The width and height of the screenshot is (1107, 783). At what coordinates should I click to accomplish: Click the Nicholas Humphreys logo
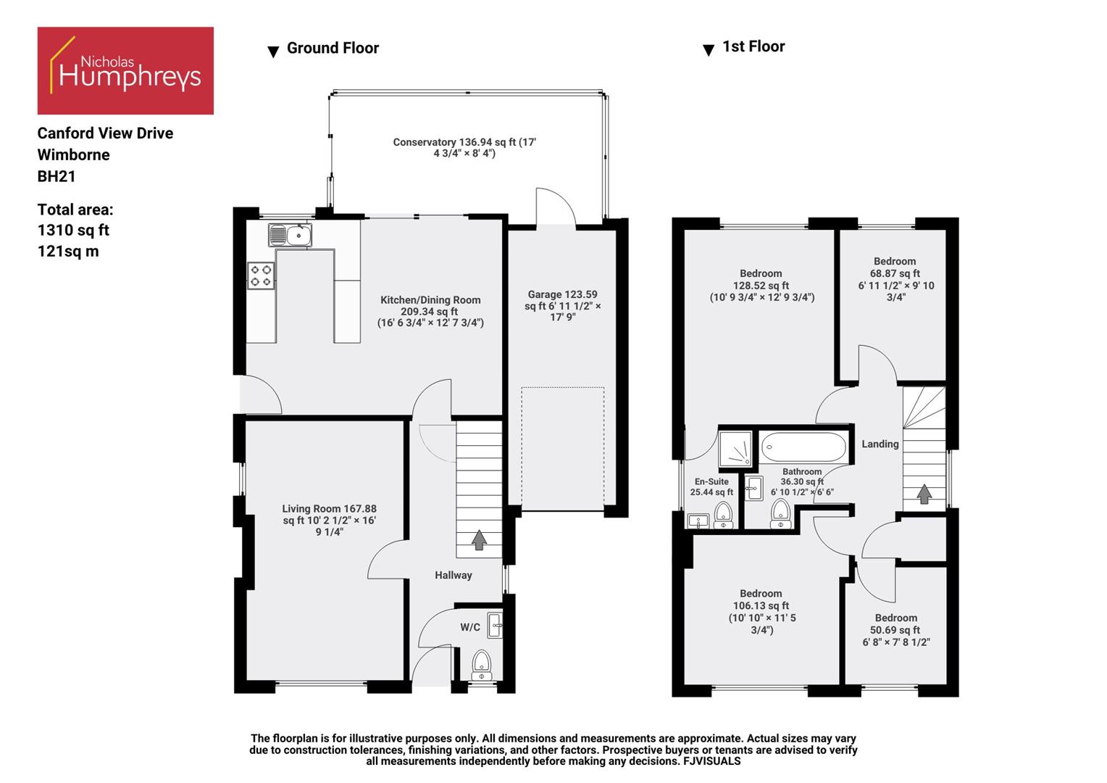pyautogui.click(x=125, y=70)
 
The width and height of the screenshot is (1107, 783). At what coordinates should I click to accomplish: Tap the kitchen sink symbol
pyautogui.click(x=290, y=236)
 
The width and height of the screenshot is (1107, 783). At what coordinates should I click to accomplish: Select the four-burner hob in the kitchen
pyautogui.click(x=261, y=275)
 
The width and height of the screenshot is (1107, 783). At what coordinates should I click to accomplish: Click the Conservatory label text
pyautogui.click(x=464, y=147)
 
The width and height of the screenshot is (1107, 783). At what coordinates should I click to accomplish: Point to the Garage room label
pyautogui.click(x=562, y=305)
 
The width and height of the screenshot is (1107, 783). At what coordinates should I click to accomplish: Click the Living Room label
pyautogui.click(x=329, y=520)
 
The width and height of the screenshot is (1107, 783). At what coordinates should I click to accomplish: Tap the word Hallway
pyautogui.click(x=453, y=575)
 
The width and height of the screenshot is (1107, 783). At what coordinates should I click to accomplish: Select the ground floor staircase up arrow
pyautogui.click(x=478, y=540)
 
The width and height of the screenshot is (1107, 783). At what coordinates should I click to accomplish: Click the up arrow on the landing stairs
pyautogui.click(x=924, y=494)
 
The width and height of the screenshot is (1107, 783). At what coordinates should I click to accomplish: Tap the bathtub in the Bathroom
pyautogui.click(x=803, y=447)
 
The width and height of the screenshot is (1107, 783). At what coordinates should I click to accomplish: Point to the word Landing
pyautogui.click(x=880, y=444)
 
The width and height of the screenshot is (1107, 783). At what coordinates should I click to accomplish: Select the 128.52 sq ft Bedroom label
pyautogui.click(x=761, y=285)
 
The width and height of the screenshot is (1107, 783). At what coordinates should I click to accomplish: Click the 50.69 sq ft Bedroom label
pyautogui.click(x=895, y=629)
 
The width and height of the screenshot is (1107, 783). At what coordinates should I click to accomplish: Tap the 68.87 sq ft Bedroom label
pyautogui.click(x=895, y=278)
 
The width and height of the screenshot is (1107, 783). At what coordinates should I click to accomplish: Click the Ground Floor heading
pyautogui.click(x=333, y=48)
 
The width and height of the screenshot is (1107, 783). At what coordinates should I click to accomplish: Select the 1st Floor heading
pyautogui.click(x=753, y=46)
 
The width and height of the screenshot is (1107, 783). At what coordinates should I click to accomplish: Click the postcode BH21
pyautogui.click(x=57, y=176)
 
